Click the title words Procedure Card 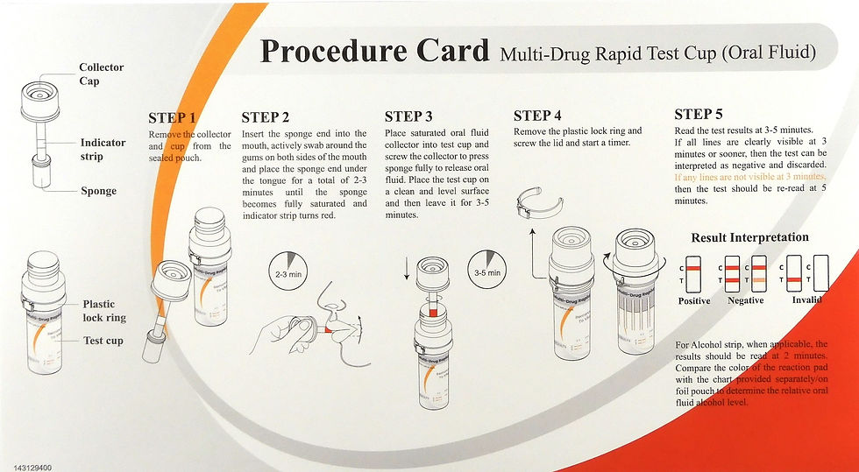tap(374, 51)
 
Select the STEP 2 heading tap(265, 117)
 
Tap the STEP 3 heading tap(408, 116)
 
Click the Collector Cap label tap(102, 74)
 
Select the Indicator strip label tap(103, 149)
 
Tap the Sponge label tap(99, 191)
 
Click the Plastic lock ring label tap(104, 312)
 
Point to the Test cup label tap(103, 341)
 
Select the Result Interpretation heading tap(749, 237)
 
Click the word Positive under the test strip tap(694, 300)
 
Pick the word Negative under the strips tap(745, 300)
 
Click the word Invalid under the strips tap(806, 300)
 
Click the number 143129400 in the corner tap(27, 467)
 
